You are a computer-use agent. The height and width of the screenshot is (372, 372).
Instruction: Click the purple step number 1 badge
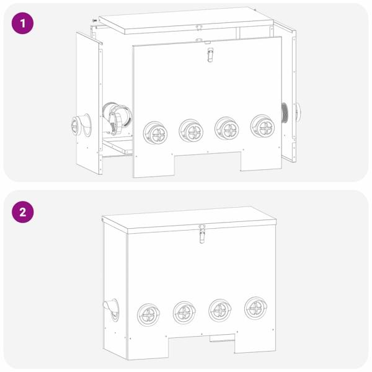pos(23,24)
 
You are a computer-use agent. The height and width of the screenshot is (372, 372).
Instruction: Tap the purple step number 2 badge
pos(23,211)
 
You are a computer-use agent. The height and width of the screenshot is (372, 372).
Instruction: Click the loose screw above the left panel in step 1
pos(94,20)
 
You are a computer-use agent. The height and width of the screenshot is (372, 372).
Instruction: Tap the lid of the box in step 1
pos(186,19)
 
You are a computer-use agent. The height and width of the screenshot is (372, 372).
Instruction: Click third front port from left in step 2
pos(219,309)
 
